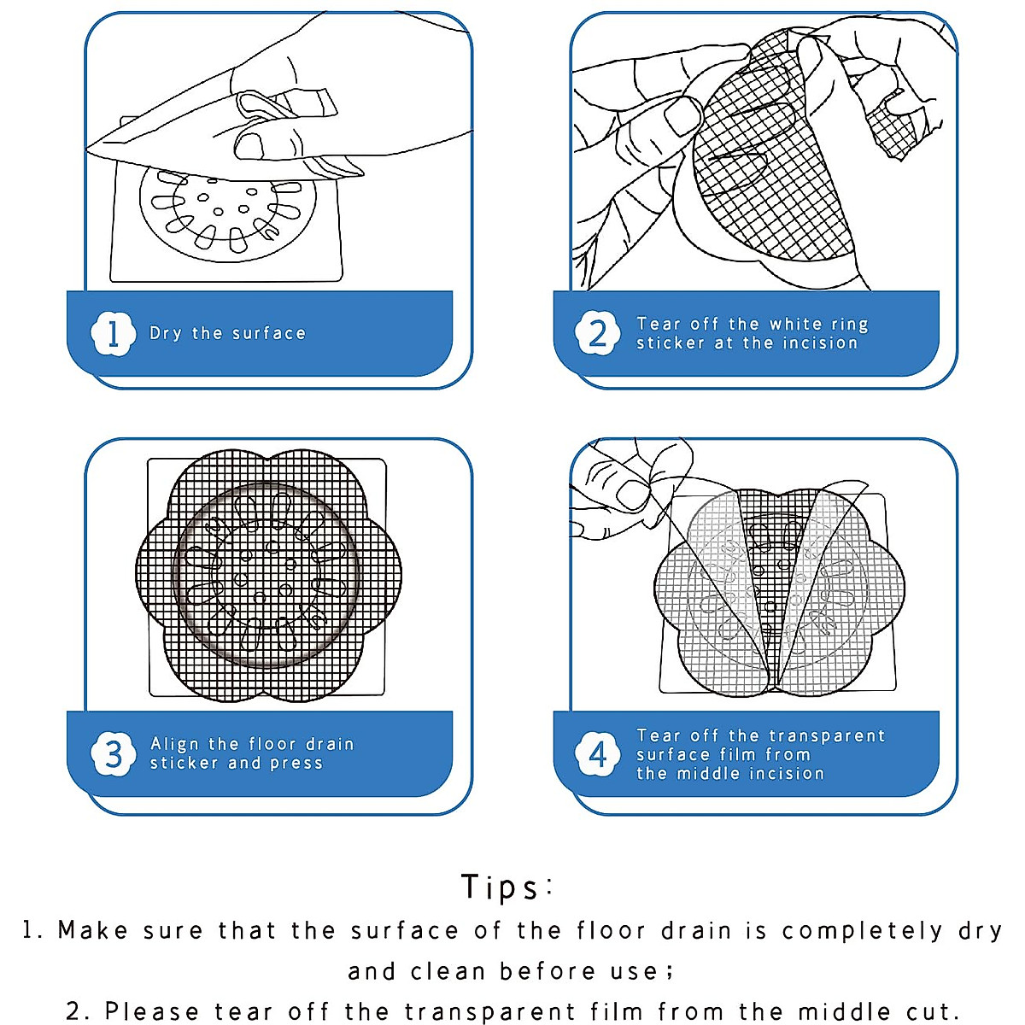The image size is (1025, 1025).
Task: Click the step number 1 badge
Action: click(113, 333)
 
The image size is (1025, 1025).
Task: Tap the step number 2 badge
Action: click(597, 333)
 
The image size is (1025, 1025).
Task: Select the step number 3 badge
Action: click(113, 753)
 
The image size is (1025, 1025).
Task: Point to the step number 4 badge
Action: click(597, 753)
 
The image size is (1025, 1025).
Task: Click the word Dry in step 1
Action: click(166, 333)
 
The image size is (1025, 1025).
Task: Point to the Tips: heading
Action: click(507, 887)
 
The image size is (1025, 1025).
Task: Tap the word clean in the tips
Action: click(448, 972)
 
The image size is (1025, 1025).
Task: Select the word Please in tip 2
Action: click(151, 1011)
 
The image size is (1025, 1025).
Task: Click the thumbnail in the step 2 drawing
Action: click(683, 116)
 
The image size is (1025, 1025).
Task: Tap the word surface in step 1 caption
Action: click(269, 333)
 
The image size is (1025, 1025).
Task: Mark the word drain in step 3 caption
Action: click(331, 744)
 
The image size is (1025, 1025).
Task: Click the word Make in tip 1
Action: click(92, 931)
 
